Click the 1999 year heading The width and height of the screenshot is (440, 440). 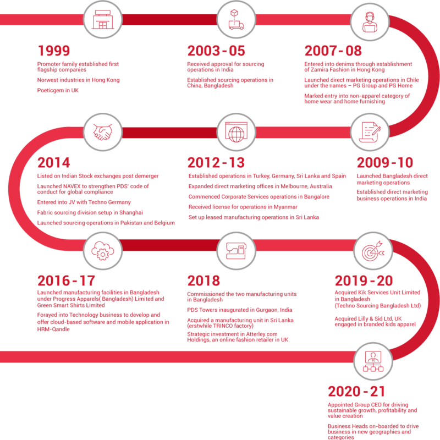click(53, 51)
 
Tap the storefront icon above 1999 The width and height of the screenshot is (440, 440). click(103, 20)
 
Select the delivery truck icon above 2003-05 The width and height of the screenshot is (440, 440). click(236, 20)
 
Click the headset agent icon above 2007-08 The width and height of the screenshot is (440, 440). click(370, 22)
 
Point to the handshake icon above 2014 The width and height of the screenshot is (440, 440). click(103, 132)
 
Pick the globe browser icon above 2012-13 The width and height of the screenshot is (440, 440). click(237, 132)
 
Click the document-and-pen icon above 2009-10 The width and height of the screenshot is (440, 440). click(370, 132)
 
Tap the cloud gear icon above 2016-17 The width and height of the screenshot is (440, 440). click(103, 251)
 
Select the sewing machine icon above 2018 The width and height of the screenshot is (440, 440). click(237, 251)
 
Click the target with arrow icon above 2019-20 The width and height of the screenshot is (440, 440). click(373, 251)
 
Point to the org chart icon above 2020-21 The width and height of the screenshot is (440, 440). click(373, 361)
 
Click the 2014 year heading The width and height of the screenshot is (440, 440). click(53, 163)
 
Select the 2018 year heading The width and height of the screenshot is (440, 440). click(204, 281)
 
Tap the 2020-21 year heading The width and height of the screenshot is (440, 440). click(356, 392)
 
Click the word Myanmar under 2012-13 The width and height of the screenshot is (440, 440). click(285, 207)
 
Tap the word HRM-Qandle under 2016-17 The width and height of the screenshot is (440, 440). click(53, 329)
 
